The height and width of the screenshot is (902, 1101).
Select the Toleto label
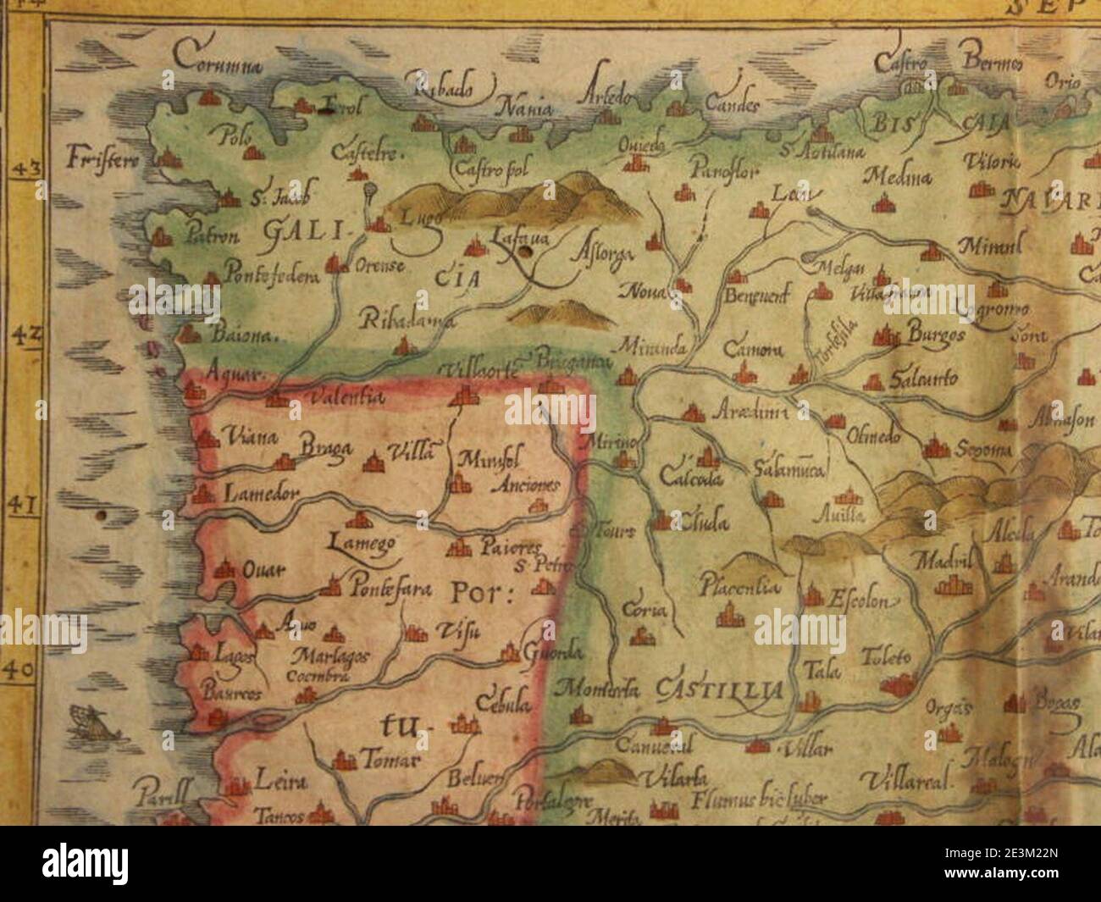tap(886, 656)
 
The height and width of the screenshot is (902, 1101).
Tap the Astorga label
tap(599, 251)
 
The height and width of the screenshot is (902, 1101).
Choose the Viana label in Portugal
tap(251, 438)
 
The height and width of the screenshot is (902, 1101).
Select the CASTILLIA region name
tap(719, 691)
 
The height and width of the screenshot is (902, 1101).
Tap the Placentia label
tap(739, 585)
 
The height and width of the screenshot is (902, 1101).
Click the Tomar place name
tap(389, 761)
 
